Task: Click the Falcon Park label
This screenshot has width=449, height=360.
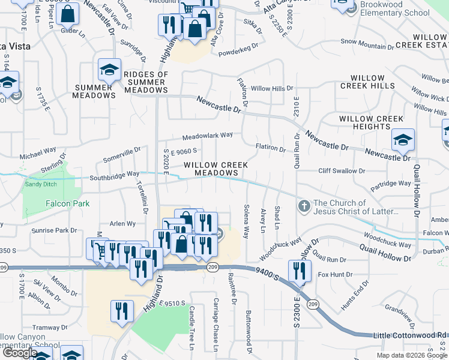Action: pos(68,204)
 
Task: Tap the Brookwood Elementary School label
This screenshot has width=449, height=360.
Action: pos(395,8)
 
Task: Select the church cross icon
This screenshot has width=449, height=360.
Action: pos(304,207)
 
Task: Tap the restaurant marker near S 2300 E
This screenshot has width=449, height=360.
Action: pos(299,271)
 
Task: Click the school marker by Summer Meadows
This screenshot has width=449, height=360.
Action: pos(109,70)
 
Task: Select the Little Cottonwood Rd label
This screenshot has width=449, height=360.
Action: pos(410,335)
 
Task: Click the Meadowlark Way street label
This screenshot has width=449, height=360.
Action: pos(207,136)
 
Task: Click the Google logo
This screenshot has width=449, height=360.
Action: pos(20,353)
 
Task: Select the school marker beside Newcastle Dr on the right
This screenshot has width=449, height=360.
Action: pos(403,140)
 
